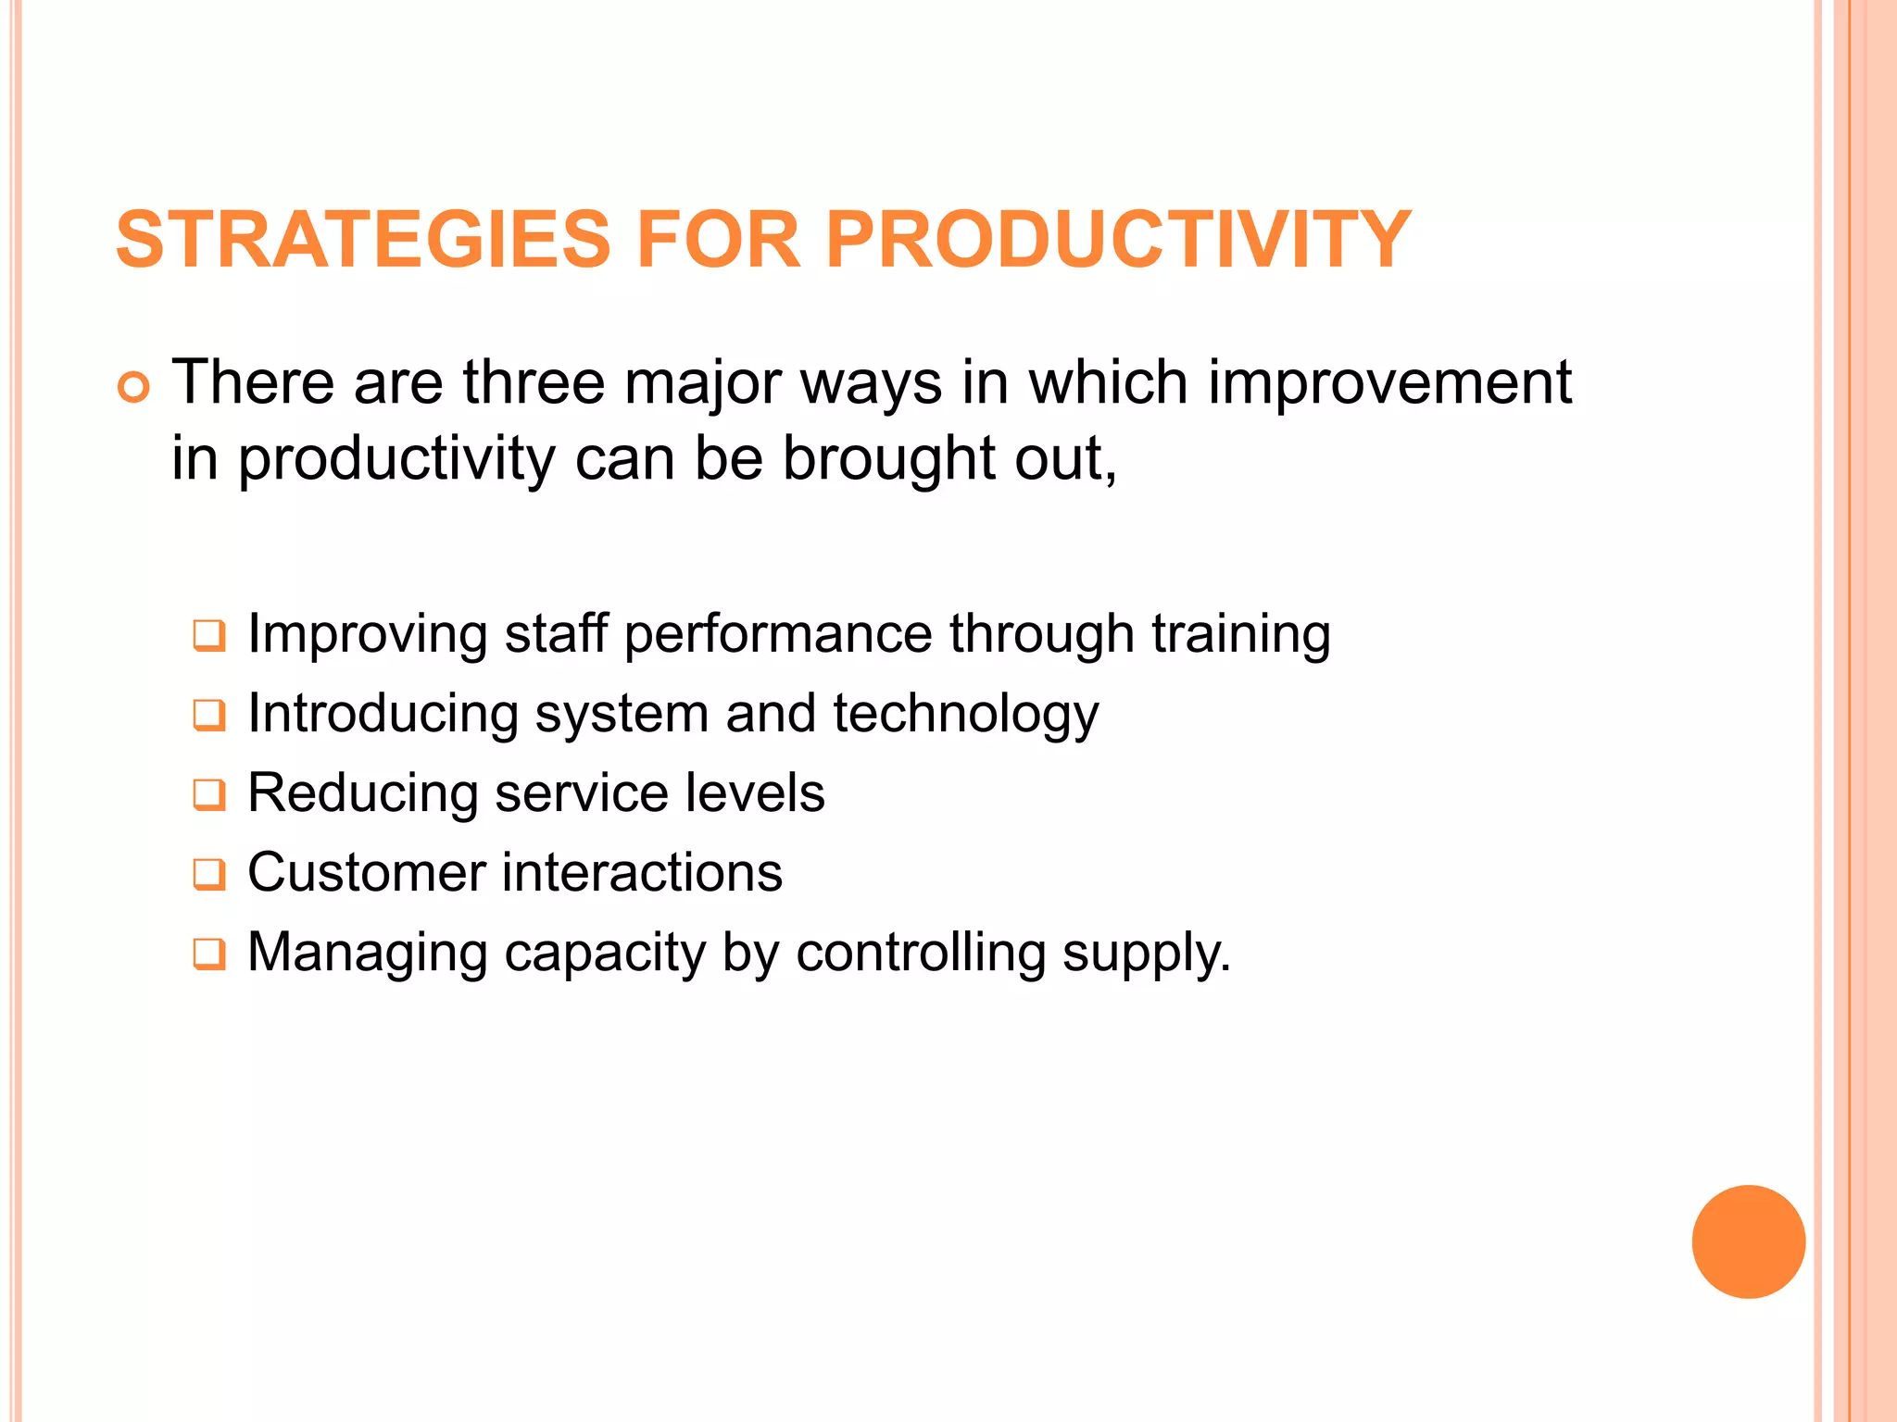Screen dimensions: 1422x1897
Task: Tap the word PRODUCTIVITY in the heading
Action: click(x=1117, y=240)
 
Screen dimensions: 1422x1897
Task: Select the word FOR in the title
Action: click(x=718, y=240)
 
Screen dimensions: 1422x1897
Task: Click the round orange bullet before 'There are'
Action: click(x=133, y=387)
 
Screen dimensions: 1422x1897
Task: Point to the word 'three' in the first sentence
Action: click(x=534, y=382)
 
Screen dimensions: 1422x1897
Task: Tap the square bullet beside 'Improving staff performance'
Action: click(x=208, y=636)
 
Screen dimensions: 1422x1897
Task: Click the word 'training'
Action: click(x=1241, y=636)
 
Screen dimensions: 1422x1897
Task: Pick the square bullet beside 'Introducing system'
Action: click(x=208, y=716)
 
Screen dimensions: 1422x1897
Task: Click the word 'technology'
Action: click(x=965, y=716)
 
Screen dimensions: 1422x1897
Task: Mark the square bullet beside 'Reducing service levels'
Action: click(x=208, y=795)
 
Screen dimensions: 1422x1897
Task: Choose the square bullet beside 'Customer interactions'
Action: click(x=208, y=875)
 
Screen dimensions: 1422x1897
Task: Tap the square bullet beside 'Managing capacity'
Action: click(x=208, y=954)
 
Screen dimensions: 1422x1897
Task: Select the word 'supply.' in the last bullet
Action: click(x=1147, y=954)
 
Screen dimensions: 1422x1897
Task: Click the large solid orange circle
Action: click(x=1748, y=1241)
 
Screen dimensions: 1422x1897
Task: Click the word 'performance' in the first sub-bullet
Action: click(x=778, y=636)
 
